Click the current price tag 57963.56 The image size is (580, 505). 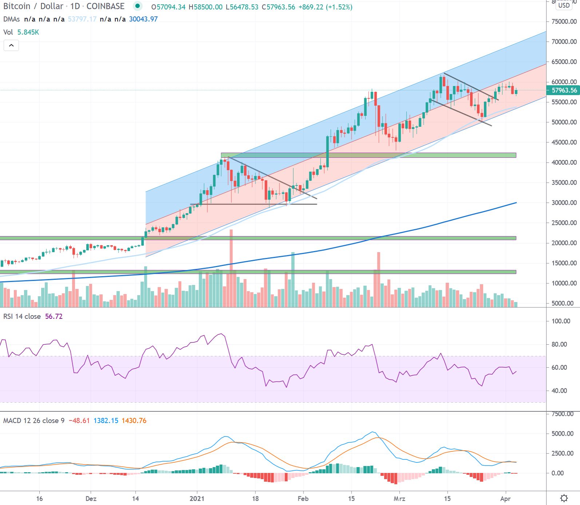564,90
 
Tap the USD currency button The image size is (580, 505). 564,5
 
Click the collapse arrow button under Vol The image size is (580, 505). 11,46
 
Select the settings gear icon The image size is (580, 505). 564,498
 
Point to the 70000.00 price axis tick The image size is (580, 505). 564,42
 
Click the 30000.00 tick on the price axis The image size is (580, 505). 564,203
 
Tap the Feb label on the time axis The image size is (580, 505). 303,498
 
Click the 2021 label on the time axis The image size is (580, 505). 197,498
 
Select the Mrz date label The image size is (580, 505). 399,498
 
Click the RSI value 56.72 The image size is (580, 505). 54,317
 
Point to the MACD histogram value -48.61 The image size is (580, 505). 79,421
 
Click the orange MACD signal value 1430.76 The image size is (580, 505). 134,421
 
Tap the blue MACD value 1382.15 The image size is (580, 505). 106,421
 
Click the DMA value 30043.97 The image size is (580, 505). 143,19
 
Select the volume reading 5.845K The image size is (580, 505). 28,32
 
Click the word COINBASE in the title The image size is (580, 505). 105,6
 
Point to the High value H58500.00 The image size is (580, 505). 205,7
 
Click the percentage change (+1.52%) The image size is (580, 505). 339,7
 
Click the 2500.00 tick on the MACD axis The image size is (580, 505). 563,453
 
